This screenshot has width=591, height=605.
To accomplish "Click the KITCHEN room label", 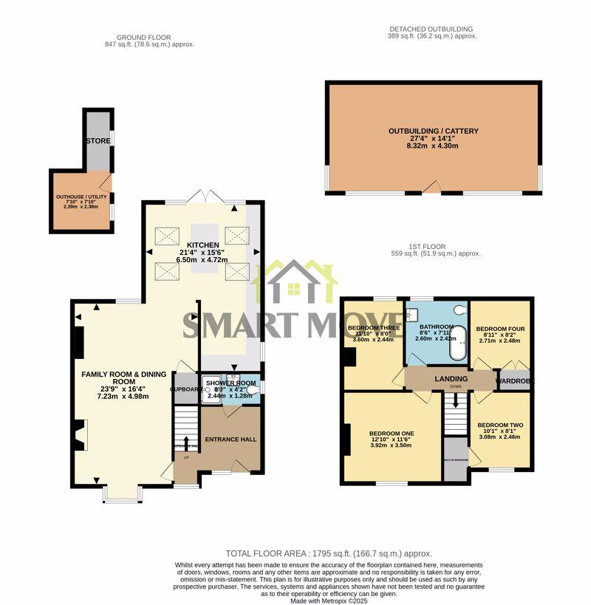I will (202, 245).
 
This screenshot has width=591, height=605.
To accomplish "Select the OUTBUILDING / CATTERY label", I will (434, 131).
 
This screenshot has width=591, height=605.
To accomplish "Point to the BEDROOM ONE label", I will (392, 433).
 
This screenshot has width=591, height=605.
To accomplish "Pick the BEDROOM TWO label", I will (500, 425).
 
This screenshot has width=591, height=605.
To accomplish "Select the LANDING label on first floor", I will (450, 379).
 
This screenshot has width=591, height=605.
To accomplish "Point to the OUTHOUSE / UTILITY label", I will (82, 197).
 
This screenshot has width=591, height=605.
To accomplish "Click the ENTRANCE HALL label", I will (230, 440).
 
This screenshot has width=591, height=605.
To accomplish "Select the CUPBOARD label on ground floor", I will (185, 389).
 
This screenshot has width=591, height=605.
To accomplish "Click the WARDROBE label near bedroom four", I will (514, 381).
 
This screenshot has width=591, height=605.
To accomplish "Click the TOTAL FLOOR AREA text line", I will (328, 553).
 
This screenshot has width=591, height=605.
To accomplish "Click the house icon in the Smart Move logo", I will (294, 281).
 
